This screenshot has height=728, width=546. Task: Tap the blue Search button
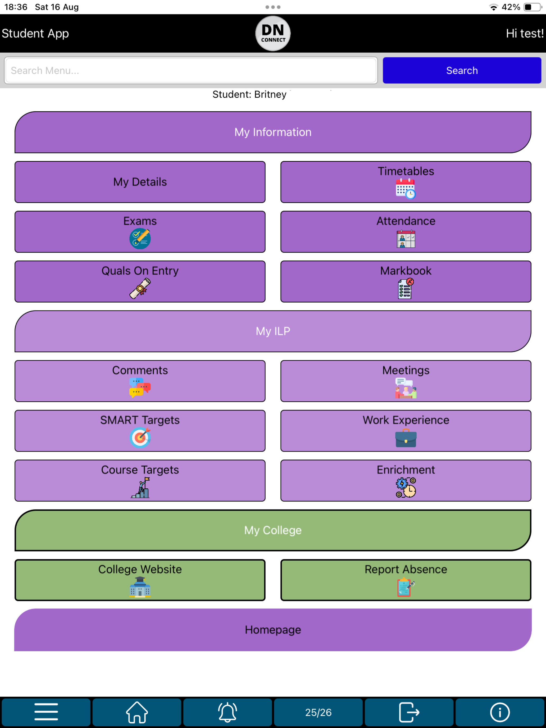[x=462, y=70]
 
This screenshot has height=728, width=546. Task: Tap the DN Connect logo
[x=273, y=33]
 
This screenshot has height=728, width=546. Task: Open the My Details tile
[x=140, y=182]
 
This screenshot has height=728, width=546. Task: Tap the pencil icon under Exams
[x=140, y=239]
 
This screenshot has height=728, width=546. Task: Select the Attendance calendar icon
[x=406, y=239]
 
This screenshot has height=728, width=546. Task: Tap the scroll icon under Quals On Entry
[x=140, y=288]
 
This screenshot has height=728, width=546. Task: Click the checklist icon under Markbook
[x=406, y=288]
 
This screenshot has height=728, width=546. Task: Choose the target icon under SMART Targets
[x=140, y=437]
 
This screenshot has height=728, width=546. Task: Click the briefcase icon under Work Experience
[x=406, y=438]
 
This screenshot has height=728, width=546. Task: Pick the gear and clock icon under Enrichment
[x=406, y=488]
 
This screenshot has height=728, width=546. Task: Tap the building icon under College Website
[x=140, y=587]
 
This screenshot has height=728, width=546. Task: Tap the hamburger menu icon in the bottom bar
[x=46, y=712]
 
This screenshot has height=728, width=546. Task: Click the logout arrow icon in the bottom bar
[x=409, y=712]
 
